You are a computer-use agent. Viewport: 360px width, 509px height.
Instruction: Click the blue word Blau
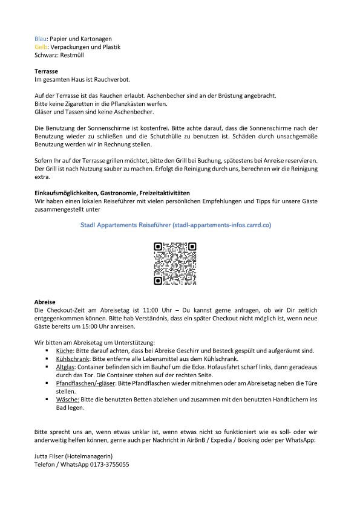point(41,39)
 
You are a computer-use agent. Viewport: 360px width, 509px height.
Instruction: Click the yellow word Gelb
point(41,47)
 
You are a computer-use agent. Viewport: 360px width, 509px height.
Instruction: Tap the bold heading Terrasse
point(46,71)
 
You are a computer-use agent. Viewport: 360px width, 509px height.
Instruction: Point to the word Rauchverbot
point(112,79)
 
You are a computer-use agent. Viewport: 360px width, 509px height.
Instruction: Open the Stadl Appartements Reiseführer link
point(175,225)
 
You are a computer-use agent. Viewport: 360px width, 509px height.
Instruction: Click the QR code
point(175,263)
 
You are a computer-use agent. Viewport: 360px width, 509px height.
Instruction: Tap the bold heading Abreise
point(45,302)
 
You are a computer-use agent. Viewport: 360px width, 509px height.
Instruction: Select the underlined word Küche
point(64,351)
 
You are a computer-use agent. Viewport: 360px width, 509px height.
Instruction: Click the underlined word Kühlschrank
point(73,358)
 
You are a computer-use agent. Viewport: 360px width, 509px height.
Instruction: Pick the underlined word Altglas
point(65,367)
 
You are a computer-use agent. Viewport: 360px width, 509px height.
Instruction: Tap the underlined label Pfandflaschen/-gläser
point(84,383)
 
